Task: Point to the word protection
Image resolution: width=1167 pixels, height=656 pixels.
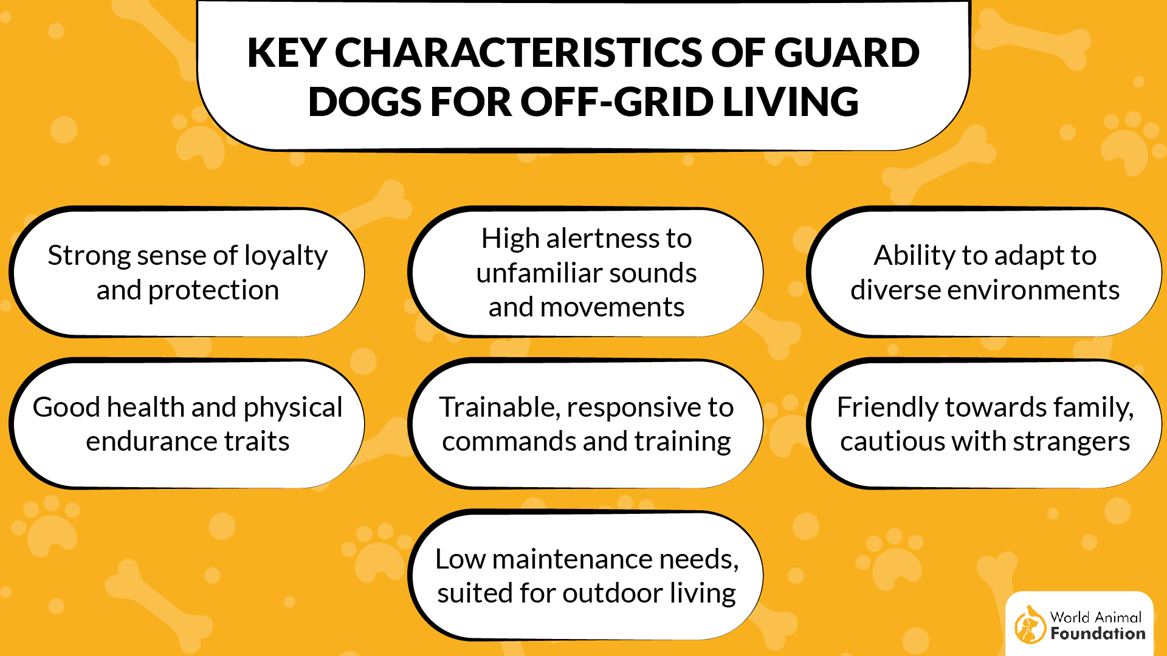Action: click(x=213, y=290)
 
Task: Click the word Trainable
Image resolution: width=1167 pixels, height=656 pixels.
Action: click(x=498, y=408)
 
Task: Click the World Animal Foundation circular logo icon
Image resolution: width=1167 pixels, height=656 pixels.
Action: click(x=1030, y=625)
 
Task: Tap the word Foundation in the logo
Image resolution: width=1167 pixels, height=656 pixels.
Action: click(x=1098, y=634)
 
